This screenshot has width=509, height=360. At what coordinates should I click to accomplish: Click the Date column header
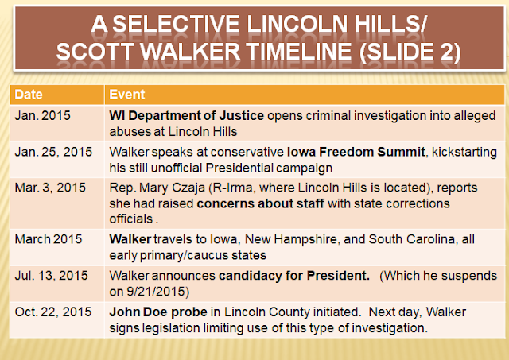pos(29,95)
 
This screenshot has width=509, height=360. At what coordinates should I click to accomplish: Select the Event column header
pos(127,95)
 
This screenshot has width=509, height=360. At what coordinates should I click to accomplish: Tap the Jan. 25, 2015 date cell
pos(53,152)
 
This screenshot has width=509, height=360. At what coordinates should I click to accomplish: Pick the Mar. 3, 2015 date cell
pos(50,188)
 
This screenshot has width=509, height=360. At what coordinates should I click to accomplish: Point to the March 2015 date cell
pos(49,239)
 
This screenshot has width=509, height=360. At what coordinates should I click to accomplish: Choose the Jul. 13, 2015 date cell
pos(51,276)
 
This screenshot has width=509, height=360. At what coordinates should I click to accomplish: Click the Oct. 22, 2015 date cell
pos(53,312)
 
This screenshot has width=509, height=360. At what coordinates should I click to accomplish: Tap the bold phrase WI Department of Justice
pos(186,116)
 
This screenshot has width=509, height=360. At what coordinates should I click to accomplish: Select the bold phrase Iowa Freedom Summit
pos(356,152)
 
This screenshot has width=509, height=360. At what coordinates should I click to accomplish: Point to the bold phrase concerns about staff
pos(260,203)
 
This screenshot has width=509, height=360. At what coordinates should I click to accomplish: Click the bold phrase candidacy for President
pos(294,276)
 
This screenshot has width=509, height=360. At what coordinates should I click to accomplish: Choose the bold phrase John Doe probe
pos(158,312)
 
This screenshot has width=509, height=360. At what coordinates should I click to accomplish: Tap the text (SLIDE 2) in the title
pos(410,52)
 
